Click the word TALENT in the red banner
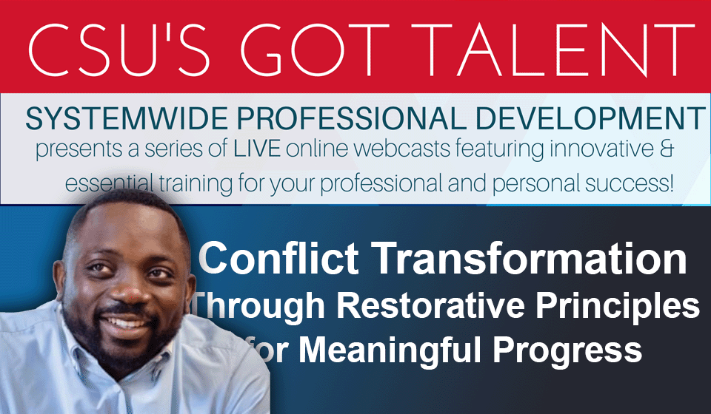[553, 50]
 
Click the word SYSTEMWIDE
[127, 118]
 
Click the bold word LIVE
[257, 149]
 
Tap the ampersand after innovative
[667, 149]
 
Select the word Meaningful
[390, 349]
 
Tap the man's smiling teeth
[127, 322]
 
